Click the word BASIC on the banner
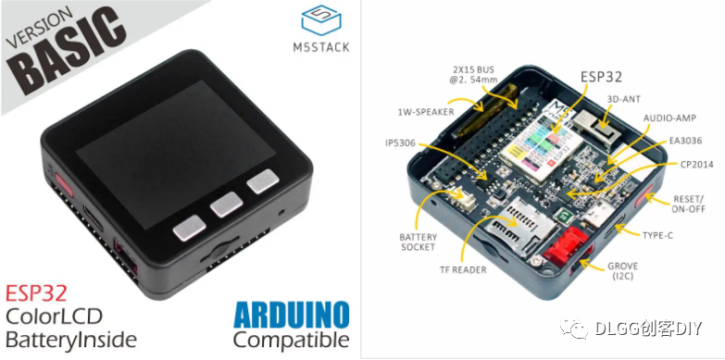click(x=68, y=52)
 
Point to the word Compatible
click(x=291, y=340)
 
